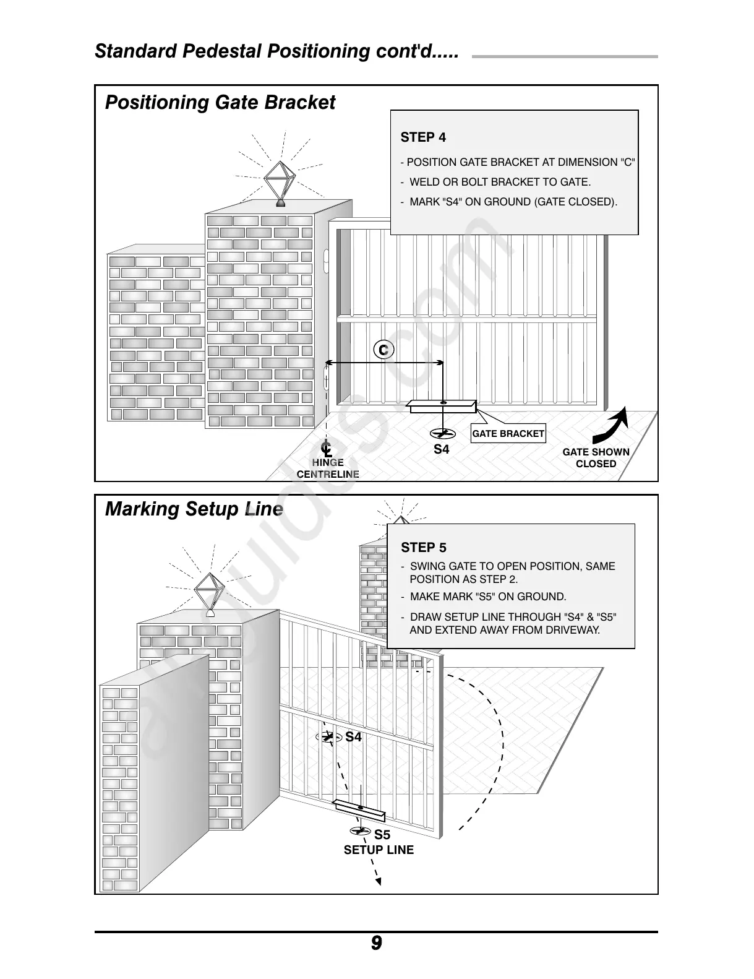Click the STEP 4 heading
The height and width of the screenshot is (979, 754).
423,137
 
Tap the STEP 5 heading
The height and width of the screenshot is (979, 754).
423,547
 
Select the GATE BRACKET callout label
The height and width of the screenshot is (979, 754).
508,434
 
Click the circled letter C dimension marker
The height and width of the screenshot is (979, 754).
383,350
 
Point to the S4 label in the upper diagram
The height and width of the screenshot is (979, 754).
441,450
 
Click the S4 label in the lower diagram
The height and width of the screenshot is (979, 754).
353,737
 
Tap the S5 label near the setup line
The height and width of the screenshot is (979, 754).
382,835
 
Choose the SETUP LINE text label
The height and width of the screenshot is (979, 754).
379,850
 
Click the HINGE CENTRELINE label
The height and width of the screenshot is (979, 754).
328,468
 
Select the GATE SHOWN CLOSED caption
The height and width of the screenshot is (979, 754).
596,458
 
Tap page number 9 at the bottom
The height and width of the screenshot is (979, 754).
376,944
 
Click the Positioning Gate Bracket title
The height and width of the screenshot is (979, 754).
220,102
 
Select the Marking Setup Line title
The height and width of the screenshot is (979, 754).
194,509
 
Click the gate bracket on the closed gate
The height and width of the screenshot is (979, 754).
442,406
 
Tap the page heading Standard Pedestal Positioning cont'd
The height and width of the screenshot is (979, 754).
276,51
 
